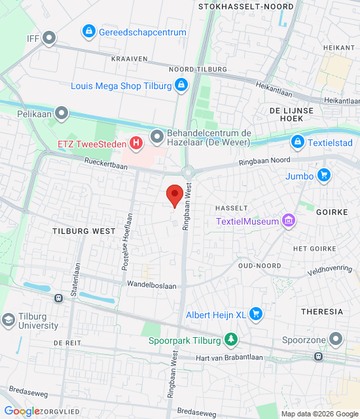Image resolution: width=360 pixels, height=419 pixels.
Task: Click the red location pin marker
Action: pos(174,195)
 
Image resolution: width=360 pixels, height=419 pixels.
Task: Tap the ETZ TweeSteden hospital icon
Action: pos(136,142)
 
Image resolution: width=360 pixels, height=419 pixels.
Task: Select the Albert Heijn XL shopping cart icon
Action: pos(256,315)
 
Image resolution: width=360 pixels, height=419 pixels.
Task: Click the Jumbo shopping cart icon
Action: pos(323,175)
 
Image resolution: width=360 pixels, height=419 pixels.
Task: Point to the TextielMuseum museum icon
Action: pos(288,221)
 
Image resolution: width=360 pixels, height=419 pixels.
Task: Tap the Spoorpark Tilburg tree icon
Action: pos(230,339)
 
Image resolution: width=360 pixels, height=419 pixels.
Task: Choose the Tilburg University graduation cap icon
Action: pos(9,320)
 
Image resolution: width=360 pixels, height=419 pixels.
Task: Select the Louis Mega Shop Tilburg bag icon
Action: pos(181,85)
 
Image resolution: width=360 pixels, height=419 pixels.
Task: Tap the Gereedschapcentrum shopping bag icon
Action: pos(88,31)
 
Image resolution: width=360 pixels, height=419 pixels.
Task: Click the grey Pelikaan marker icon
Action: pos(62,114)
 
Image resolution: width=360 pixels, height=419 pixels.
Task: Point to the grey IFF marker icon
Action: pos(49,39)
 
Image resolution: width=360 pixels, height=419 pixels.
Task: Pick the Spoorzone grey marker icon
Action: pos(336,339)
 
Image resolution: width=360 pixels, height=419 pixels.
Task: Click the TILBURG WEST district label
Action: pos(84,231)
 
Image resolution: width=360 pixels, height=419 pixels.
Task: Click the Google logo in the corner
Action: pos(22,411)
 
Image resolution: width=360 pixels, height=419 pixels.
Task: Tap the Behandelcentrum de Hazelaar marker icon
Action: pos(157,137)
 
